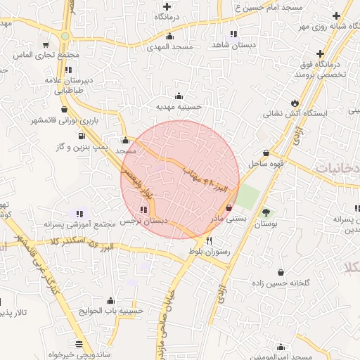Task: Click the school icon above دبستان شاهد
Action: coord(233,33)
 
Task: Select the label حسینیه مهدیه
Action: coord(179,108)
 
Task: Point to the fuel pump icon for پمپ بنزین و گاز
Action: coord(82,136)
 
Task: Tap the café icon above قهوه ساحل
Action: coord(266,153)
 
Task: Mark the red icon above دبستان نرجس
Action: coord(144,210)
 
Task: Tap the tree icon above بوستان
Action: coord(266,212)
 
